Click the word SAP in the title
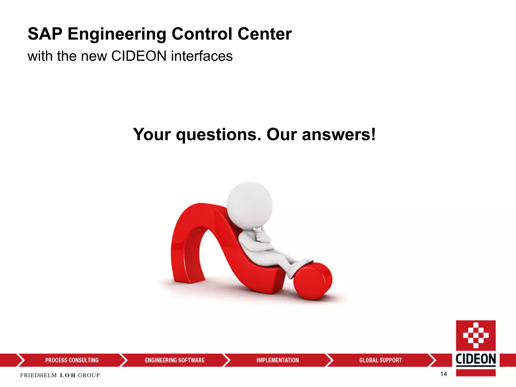45,34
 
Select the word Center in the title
265,34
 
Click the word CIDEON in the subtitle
139,56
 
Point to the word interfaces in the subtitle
202,56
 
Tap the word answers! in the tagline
339,135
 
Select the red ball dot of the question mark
313,281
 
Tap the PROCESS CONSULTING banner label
72,360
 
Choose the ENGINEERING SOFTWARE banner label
175,360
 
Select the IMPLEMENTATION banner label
278,360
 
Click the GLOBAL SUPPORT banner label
380,360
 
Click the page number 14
443,374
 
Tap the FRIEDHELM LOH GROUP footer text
60,375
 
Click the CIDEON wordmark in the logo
476,359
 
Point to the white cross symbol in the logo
476,335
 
